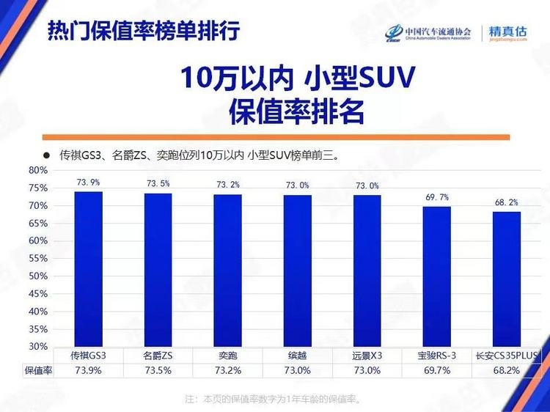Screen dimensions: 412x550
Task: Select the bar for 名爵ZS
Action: coord(158,270)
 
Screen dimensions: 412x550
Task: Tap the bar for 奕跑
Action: coord(227,271)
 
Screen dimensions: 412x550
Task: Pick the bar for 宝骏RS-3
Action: coord(437,276)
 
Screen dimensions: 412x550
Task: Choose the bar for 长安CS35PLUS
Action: coord(507,279)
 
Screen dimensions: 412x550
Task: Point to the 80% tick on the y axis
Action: coord(38,171)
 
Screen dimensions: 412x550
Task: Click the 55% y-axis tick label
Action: coord(38,259)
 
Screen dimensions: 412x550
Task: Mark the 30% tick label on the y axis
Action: coord(38,346)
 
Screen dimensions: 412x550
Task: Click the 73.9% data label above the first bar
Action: coord(88,183)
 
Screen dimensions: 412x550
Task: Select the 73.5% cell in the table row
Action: coord(158,371)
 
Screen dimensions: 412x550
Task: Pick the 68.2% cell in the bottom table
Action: coord(507,371)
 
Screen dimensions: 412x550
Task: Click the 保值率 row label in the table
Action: coord(38,371)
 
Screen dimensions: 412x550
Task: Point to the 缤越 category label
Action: coord(297,356)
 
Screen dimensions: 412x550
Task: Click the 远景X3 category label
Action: coord(367,356)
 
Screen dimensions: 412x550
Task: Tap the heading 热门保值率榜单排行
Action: coord(143,32)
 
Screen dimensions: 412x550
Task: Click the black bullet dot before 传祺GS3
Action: coord(45,155)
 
